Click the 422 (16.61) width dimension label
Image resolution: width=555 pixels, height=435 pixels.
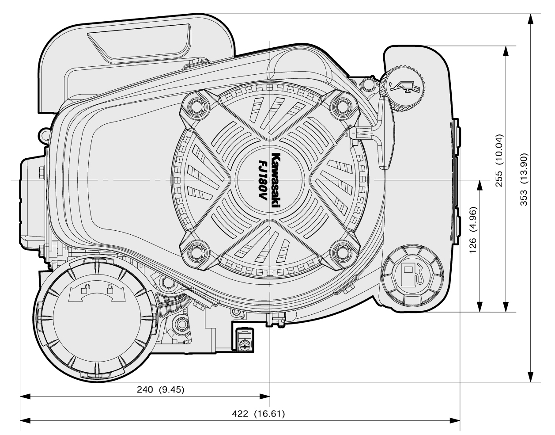click(x=259, y=414)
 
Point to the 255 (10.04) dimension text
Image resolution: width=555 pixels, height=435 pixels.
click(x=498, y=160)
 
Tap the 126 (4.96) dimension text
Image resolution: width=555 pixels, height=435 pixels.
click(x=473, y=229)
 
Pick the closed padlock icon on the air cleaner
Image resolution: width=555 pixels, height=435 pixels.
click(x=109, y=290)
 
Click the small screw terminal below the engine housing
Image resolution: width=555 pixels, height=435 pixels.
click(x=243, y=343)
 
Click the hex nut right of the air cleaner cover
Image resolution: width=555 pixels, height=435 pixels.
click(x=181, y=324)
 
